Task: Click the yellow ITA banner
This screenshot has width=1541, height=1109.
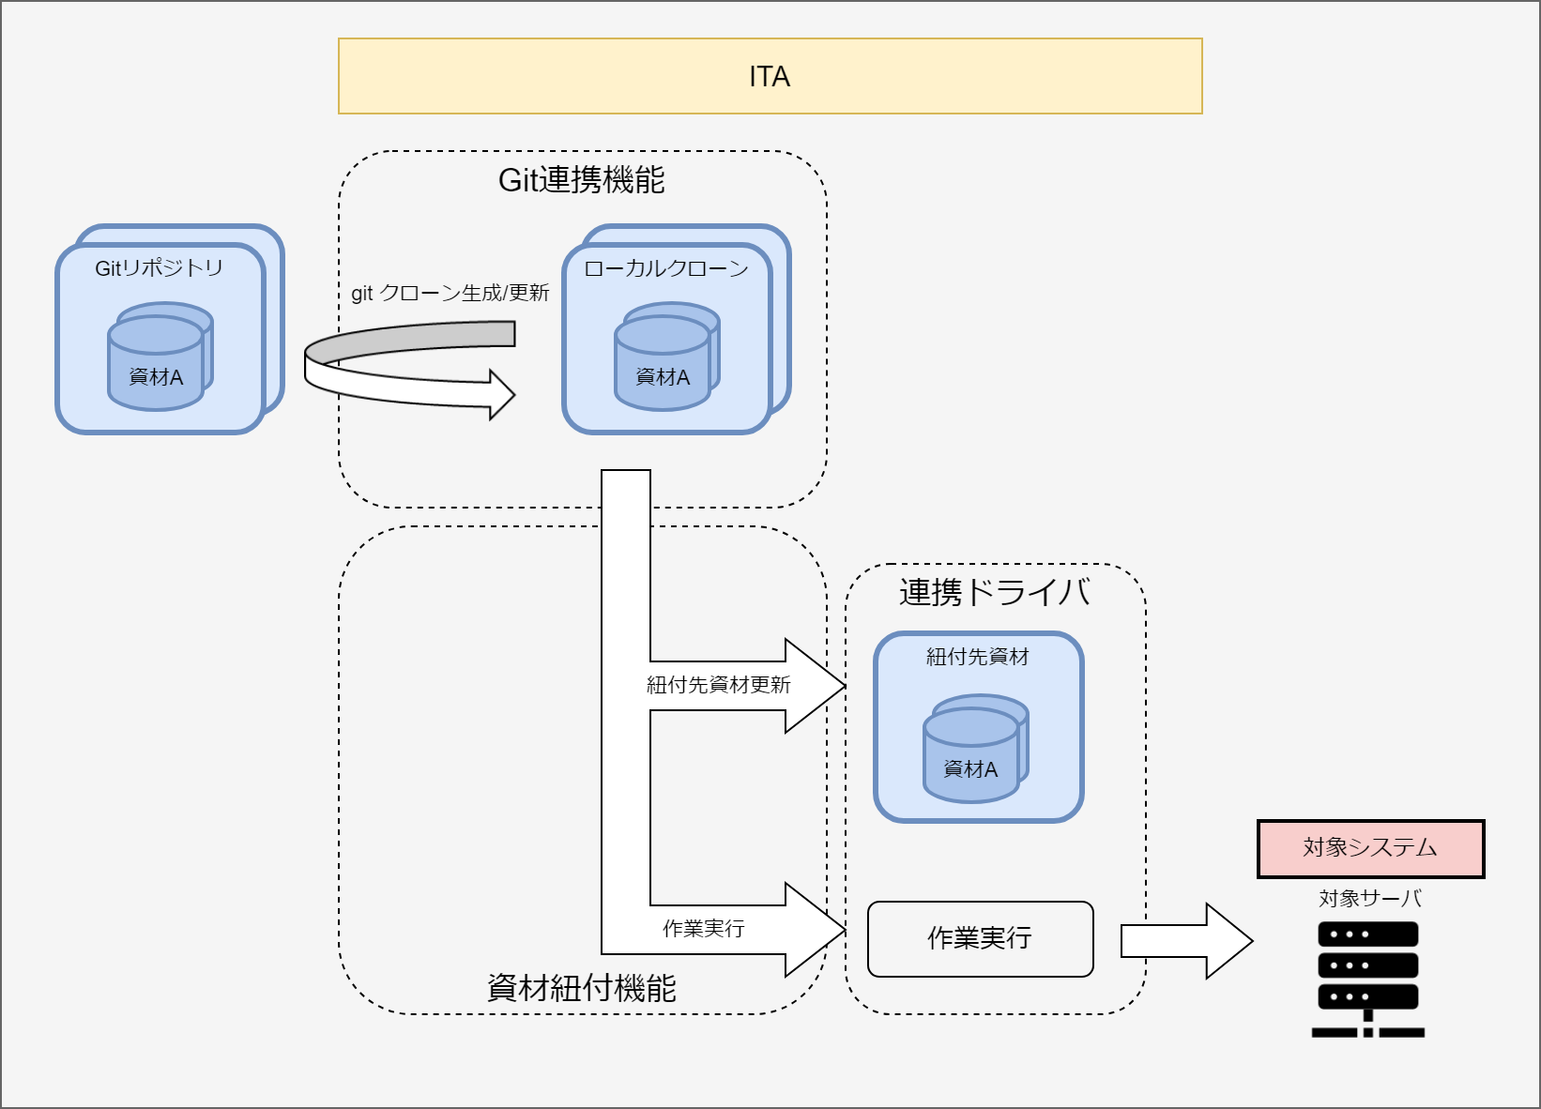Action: [770, 76]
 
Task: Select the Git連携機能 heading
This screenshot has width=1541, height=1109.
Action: [581, 180]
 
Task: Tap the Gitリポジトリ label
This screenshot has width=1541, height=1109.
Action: [159, 268]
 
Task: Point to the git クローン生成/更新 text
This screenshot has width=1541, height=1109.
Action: [450, 294]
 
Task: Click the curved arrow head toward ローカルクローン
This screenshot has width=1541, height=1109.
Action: [502, 394]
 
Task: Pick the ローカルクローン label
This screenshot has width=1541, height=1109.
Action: [666, 269]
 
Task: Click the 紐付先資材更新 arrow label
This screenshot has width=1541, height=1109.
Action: [718, 685]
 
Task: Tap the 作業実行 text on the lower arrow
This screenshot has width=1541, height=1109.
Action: [703, 929]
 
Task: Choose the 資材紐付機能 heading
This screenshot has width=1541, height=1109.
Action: [581, 988]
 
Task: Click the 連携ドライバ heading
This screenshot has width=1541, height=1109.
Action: [994, 593]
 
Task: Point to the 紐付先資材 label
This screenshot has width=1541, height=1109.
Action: [978, 657]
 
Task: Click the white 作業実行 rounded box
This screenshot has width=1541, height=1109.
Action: [980, 939]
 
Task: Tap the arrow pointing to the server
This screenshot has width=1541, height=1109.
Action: [1186, 941]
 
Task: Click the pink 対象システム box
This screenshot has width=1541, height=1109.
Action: [1370, 849]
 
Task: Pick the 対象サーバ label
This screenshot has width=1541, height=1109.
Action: [1369, 899]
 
